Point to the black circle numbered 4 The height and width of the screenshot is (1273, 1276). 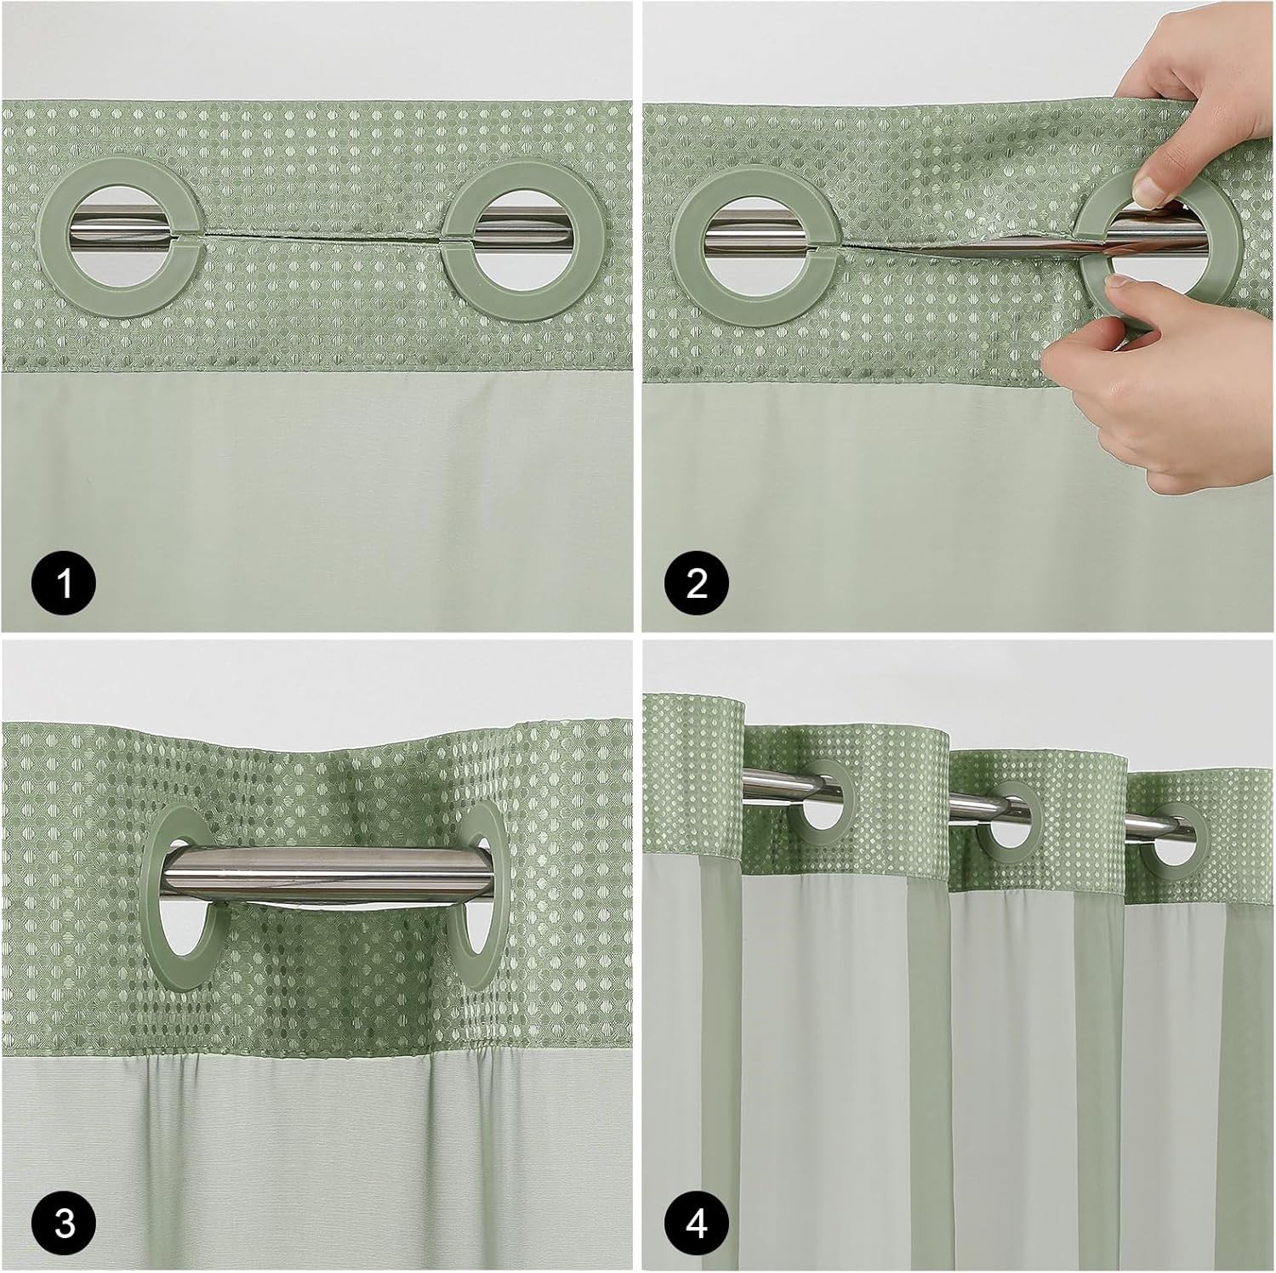coord(697,1224)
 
